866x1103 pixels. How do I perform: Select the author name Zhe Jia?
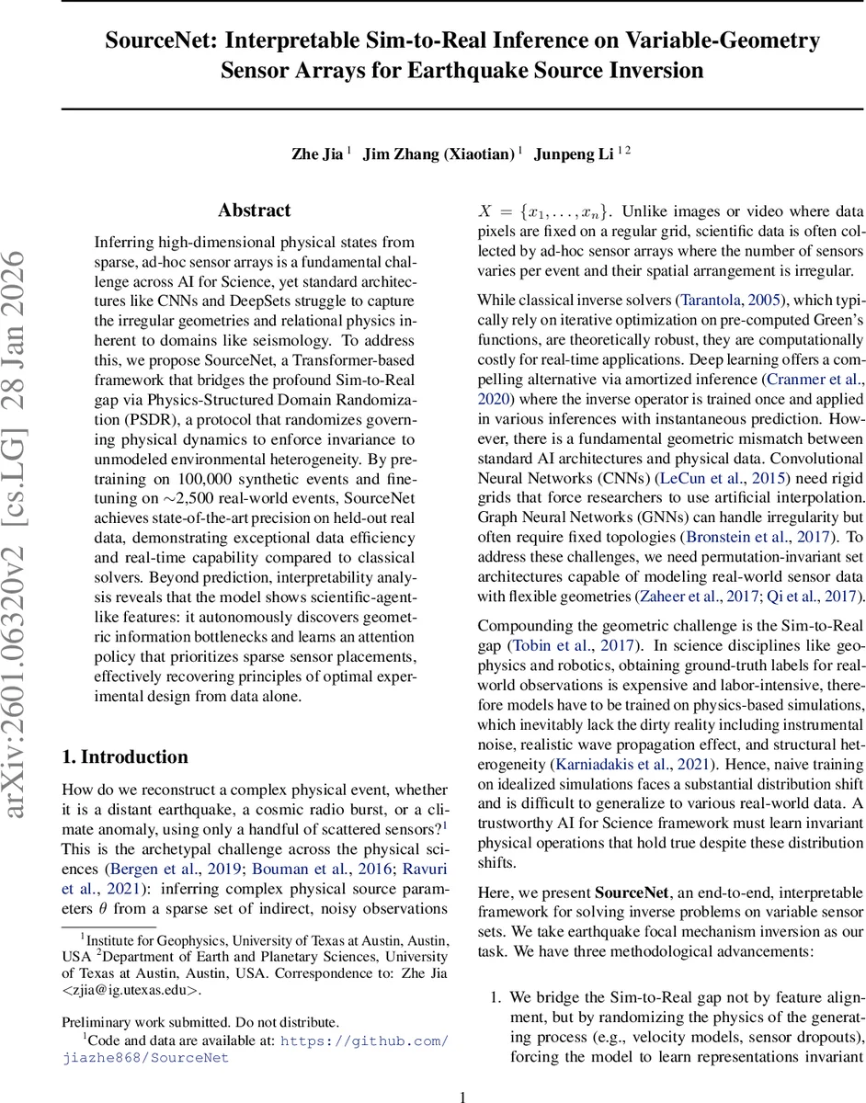318,154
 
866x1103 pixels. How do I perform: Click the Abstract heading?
254,210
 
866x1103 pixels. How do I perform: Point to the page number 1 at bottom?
463,1096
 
